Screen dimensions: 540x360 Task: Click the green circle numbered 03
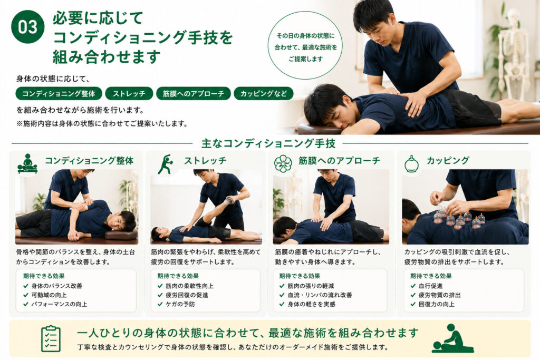(28, 27)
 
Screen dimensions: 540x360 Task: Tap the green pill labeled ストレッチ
(129, 93)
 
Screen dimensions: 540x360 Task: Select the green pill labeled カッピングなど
(264, 93)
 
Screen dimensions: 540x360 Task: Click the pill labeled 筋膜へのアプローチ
(193, 93)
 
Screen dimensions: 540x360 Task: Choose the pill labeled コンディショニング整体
(59, 93)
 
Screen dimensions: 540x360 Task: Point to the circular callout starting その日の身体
(305, 46)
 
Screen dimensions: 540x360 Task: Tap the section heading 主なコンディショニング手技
(268, 143)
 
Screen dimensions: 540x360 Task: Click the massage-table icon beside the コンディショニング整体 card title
(27, 163)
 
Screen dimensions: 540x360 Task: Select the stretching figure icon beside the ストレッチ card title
(165, 164)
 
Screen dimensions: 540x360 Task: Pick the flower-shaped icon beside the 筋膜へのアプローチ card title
(283, 163)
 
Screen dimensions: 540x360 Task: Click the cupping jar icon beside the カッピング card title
(411, 163)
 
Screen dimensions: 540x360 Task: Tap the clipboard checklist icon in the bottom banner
(51, 339)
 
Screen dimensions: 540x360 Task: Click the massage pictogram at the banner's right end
(452, 338)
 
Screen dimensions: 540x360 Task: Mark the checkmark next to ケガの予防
(160, 304)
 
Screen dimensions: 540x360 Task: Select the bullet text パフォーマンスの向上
(59, 304)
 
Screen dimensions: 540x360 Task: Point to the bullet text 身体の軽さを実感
(311, 304)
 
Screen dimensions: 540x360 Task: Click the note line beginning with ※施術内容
(102, 123)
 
